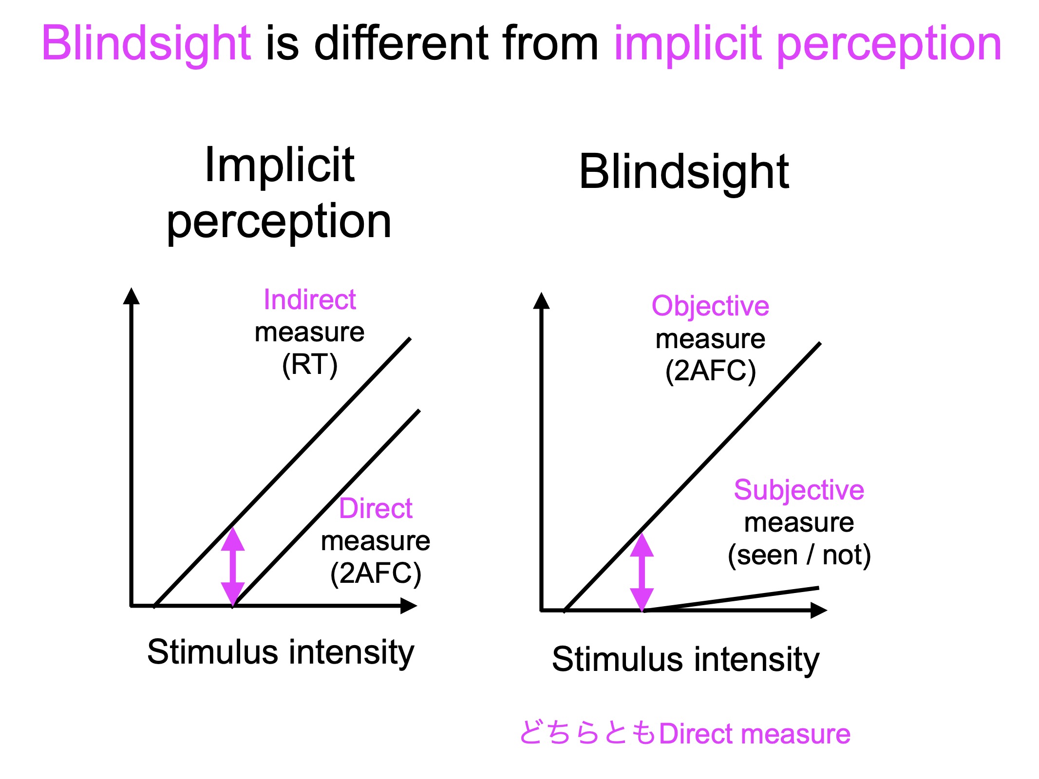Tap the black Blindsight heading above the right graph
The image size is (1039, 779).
coord(684,173)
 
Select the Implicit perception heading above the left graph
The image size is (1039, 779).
coord(279,193)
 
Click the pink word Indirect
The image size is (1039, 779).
coord(310,299)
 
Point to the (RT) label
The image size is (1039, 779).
coord(310,365)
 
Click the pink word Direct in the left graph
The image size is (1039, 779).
coord(376,508)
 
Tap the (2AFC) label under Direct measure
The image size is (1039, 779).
coord(376,574)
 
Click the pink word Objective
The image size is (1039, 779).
coord(710,307)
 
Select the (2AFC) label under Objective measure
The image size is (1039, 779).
coord(711,371)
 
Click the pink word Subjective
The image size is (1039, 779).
coord(799,490)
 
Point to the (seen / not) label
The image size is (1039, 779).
coord(799,556)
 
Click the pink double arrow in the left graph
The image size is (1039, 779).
coord(233,567)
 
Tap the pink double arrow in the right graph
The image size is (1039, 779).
coord(642,572)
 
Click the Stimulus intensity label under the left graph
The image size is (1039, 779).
coord(281,652)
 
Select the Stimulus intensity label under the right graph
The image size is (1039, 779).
coord(686,660)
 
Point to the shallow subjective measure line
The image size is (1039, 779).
coord(731,599)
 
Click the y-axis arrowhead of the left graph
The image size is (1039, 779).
coord(131,296)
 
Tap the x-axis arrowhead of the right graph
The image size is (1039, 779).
coord(819,610)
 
